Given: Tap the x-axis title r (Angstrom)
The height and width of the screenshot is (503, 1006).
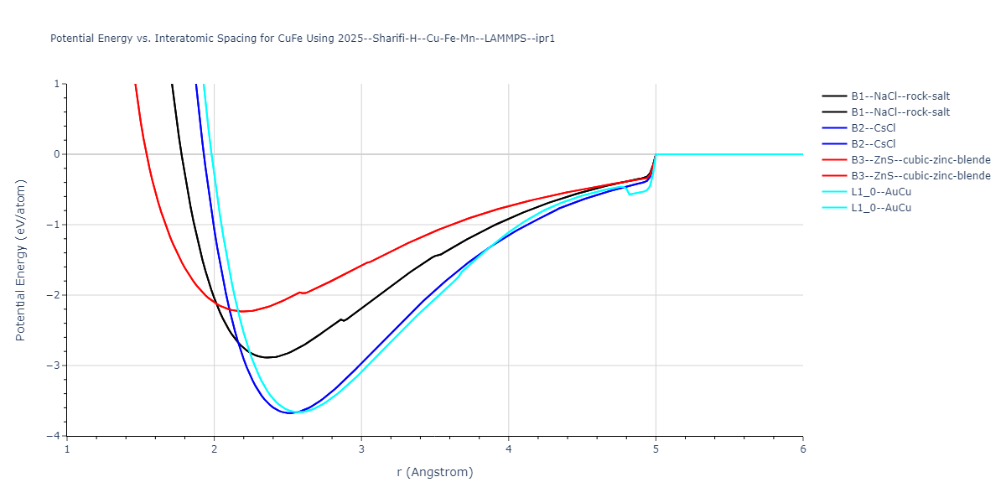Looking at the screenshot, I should tap(435, 472).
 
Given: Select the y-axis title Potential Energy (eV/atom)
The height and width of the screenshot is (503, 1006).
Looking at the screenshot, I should tap(21, 260).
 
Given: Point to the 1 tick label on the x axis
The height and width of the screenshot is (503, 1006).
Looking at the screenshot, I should tap(67, 449).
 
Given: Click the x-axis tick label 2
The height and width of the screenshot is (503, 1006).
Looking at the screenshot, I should tap(214, 449).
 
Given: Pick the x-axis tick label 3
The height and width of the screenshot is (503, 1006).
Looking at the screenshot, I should tap(361, 449).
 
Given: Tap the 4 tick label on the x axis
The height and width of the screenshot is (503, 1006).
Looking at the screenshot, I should tap(509, 449).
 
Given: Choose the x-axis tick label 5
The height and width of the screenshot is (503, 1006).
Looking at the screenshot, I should tap(656, 449).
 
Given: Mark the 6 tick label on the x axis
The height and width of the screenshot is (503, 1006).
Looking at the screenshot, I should tap(803, 449).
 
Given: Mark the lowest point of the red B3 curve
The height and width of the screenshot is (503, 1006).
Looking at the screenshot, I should tap(241, 311).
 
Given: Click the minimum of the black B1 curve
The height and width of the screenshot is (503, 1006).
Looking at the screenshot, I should tap(267, 357).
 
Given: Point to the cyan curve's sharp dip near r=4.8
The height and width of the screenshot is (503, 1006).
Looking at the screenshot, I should tap(630, 194).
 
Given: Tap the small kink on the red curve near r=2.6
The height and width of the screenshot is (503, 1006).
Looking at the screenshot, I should tap(300, 292).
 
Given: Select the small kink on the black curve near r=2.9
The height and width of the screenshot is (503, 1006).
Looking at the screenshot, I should tap(341, 319).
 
